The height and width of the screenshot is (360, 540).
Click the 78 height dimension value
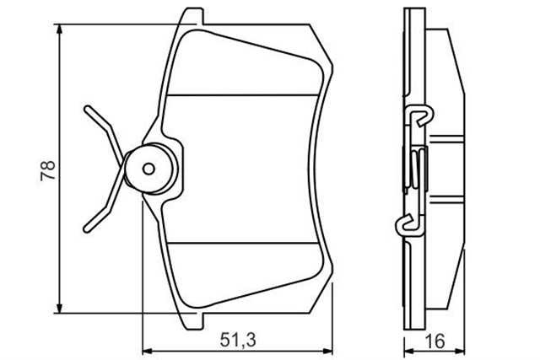pos(48,170)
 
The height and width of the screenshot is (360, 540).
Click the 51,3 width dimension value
pos(238,341)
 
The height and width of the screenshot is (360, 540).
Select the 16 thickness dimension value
pos(435,341)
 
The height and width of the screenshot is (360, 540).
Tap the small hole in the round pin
pos(148,169)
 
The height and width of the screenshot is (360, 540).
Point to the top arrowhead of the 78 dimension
pos(60,29)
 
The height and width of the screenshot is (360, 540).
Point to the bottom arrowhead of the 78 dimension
pos(60,309)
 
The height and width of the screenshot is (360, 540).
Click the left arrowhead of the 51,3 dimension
pos(148,351)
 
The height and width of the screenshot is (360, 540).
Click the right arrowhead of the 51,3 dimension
pos(328,351)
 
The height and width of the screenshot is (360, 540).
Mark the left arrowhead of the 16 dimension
pos(408,351)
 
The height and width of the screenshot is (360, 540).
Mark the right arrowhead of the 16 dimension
pos(460,351)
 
